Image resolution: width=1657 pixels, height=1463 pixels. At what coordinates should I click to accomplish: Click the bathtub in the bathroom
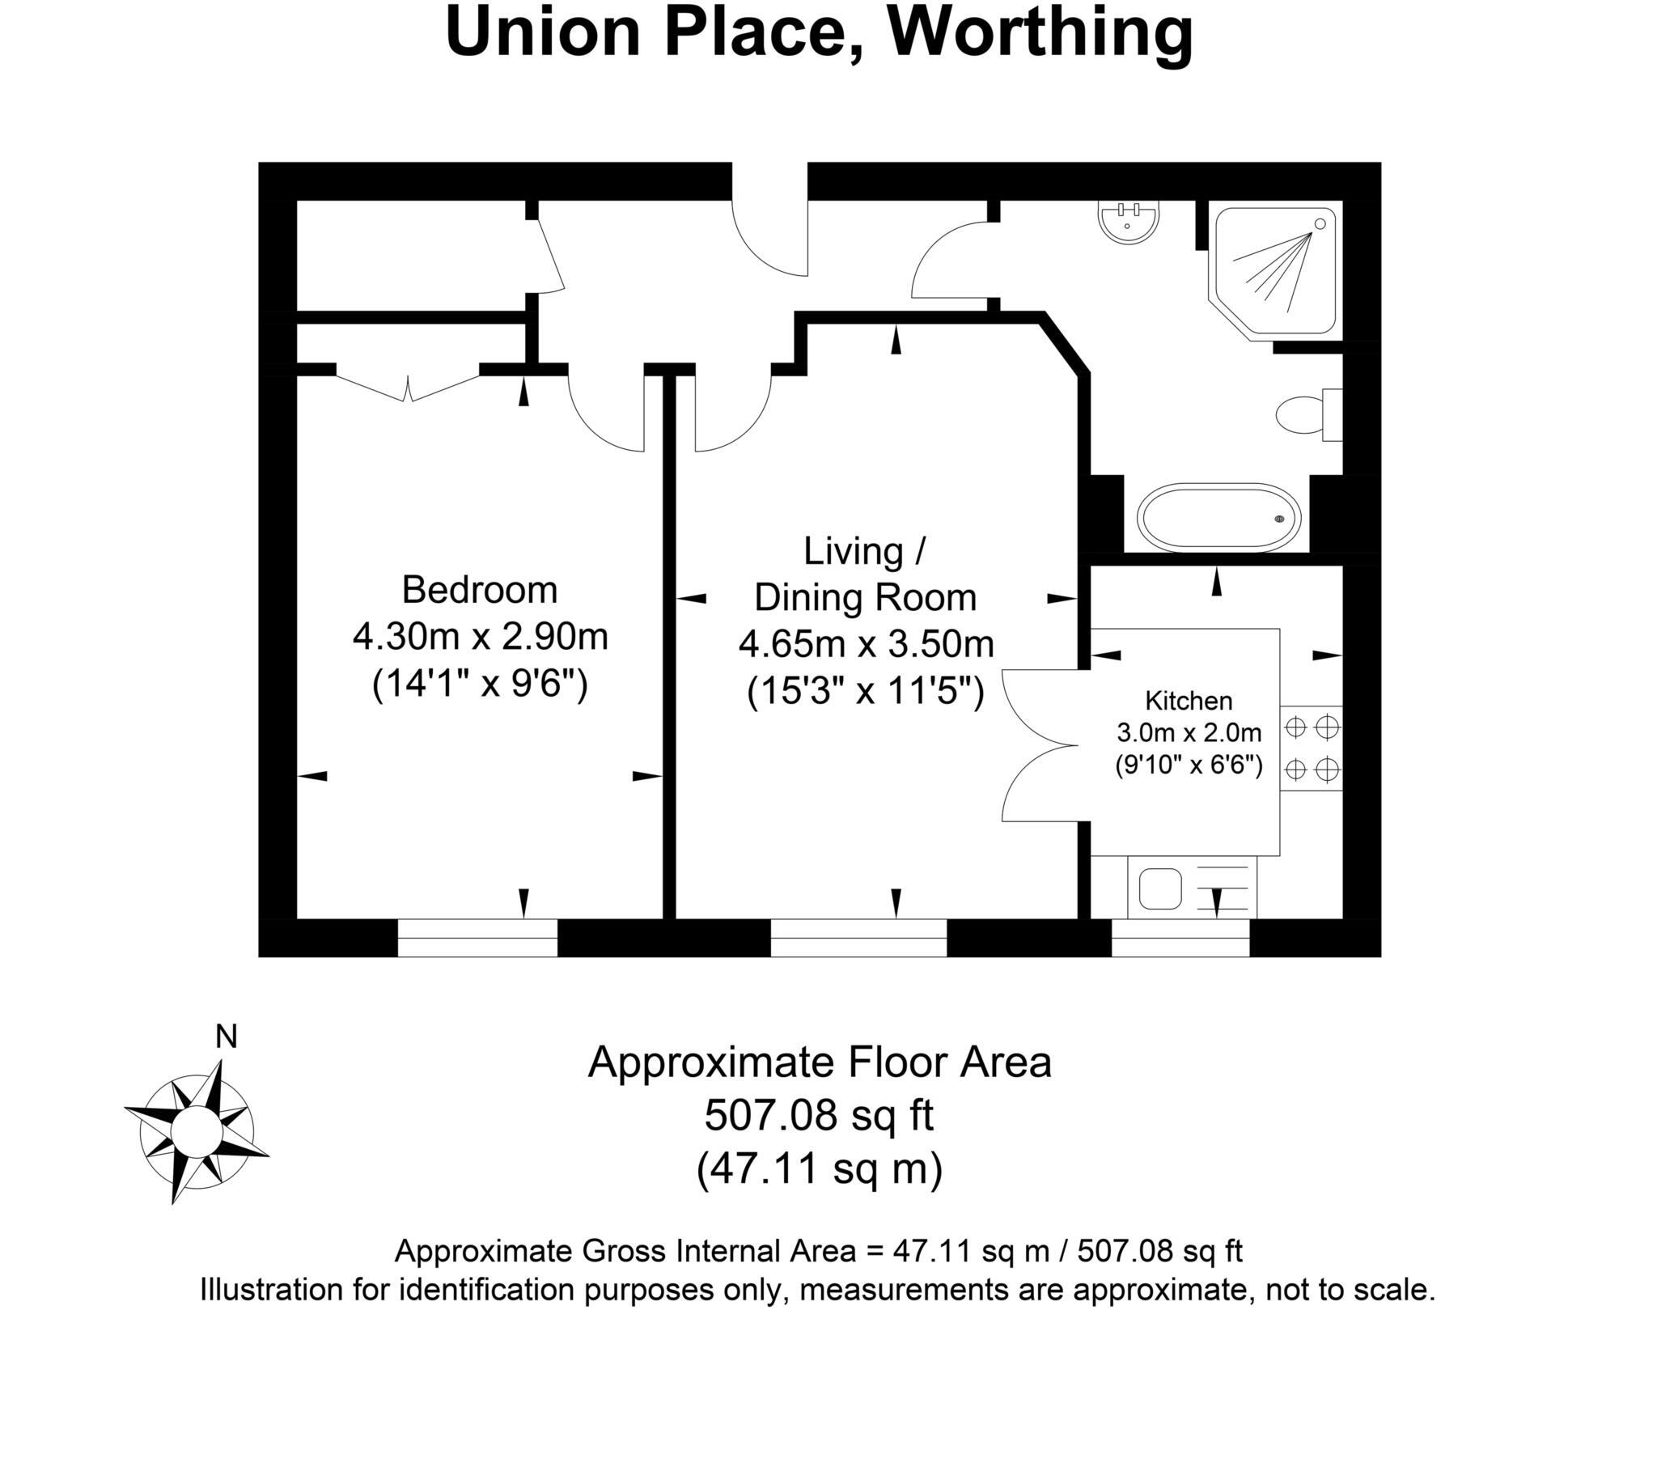point(1218,516)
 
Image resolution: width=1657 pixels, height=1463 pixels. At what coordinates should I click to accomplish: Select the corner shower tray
point(1276,270)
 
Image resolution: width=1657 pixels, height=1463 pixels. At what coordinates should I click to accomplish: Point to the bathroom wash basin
point(1128,221)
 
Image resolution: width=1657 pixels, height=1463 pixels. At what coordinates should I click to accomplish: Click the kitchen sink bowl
point(1160,888)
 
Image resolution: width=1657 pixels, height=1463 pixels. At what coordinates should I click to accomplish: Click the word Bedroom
point(480,590)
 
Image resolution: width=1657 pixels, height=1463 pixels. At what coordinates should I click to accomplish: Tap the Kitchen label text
point(1189,701)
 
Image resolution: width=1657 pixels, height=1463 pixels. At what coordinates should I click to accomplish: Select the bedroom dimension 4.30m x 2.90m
point(480,638)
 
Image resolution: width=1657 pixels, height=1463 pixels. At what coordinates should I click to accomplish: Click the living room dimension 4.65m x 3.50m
point(866,645)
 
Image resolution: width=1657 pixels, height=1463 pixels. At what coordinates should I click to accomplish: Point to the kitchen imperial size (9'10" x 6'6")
point(1189,765)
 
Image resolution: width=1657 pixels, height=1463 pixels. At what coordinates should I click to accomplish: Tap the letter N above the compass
point(227,1037)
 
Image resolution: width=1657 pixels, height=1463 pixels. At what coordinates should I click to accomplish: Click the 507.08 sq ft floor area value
point(819,1115)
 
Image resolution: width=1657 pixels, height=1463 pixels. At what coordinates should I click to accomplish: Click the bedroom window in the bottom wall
point(477,939)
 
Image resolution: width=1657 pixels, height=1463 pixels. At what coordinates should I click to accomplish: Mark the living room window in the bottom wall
point(858,939)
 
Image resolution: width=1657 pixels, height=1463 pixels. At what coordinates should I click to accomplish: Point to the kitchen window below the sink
point(1180,939)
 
